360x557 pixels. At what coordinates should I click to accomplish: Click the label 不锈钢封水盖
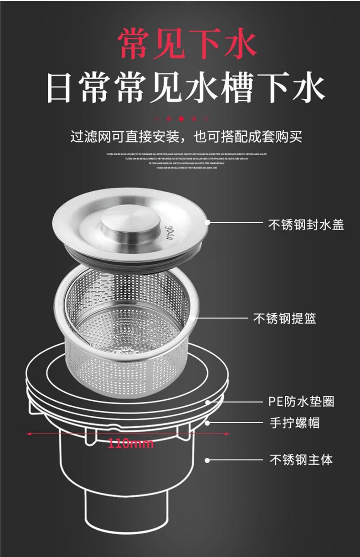point(306,225)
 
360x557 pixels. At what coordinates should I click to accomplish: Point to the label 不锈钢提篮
point(284,318)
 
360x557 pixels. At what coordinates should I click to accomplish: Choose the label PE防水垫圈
point(301,402)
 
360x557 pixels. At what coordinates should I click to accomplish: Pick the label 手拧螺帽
point(294,423)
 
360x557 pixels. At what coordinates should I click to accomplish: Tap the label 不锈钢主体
point(301,460)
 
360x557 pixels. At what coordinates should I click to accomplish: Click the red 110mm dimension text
point(131,443)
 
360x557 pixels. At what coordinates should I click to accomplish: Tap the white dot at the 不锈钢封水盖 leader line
point(207,222)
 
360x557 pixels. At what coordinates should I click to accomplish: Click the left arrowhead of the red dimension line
point(29,434)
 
